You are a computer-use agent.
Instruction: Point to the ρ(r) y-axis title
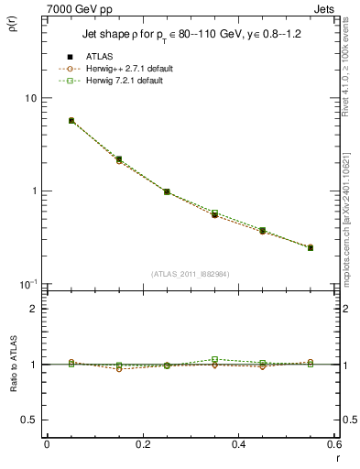pyautogui.click(x=21, y=21)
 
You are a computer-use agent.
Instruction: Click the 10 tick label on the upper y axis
pyautogui.click(x=29, y=98)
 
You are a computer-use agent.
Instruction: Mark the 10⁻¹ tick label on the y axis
pyautogui.click(x=27, y=284)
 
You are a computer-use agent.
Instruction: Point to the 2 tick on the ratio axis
pyautogui.click(x=33, y=309)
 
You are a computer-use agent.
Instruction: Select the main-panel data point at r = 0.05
pyautogui.click(x=71, y=120)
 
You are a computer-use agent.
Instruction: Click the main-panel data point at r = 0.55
pyautogui.click(x=311, y=247)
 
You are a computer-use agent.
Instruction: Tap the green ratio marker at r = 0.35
pyautogui.click(x=214, y=359)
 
